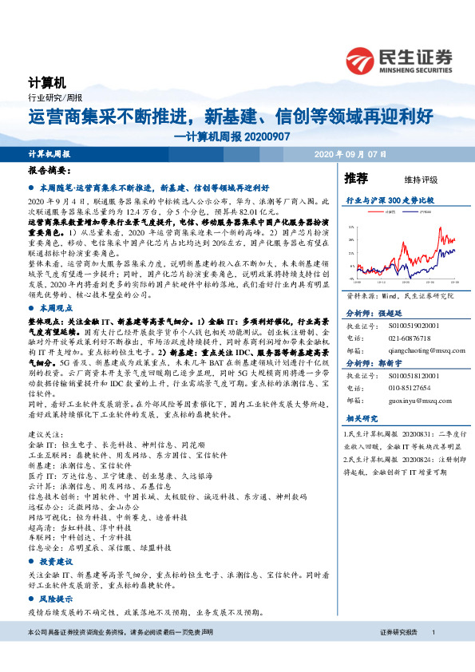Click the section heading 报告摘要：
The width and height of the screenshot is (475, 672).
click(x=48, y=171)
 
